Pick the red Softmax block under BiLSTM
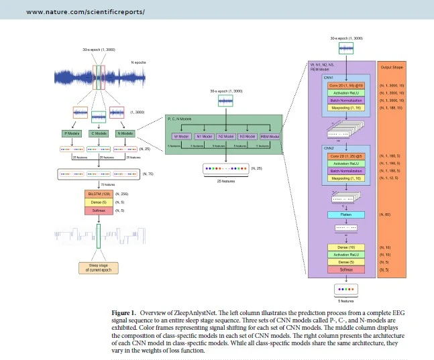click(98, 211)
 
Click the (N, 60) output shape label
click(385, 215)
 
